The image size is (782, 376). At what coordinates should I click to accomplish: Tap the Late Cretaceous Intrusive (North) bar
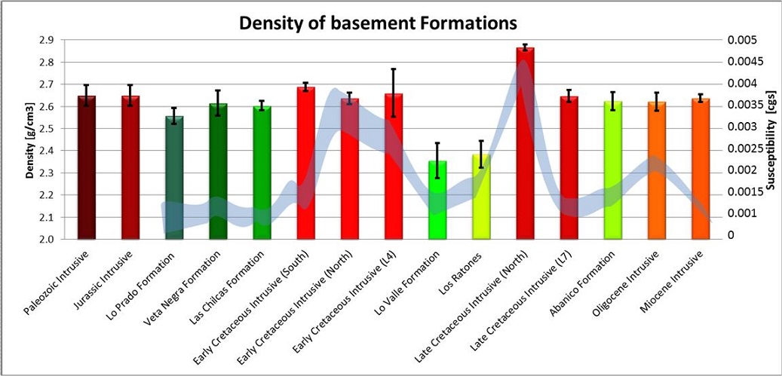point(525,143)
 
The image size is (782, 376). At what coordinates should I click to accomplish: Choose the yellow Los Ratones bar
point(481,197)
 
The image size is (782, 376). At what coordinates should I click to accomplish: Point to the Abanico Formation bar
point(613,170)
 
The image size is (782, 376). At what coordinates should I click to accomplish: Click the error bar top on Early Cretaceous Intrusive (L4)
point(394,69)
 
